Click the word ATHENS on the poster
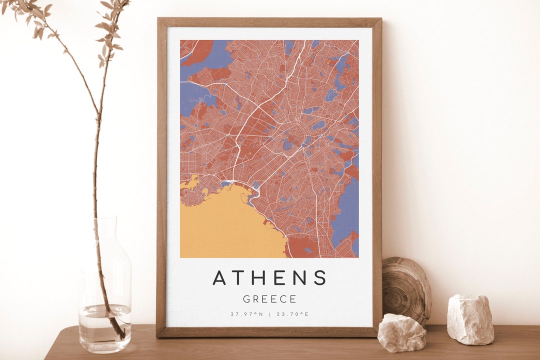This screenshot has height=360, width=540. click(x=269, y=277)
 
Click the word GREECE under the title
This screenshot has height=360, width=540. click(x=269, y=299)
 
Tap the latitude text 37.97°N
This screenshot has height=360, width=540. click(x=246, y=314)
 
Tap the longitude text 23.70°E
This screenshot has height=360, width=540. click(x=292, y=314)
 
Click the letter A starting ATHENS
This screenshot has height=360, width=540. click(x=219, y=277)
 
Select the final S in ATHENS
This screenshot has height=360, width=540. click(x=320, y=277)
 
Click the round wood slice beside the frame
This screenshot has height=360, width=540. click(x=406, y=290)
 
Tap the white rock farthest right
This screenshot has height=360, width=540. click(x=470, y=319)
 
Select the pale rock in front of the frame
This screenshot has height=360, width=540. click(x=401, y=332)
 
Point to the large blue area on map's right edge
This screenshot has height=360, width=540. click(x=346, y=210)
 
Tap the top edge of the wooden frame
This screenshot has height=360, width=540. click(x=269, y=22)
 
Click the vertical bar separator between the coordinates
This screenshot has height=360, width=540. click(x=269, y=314)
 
